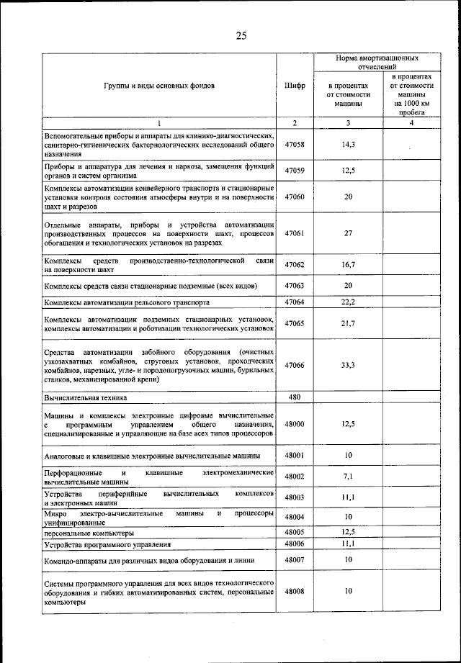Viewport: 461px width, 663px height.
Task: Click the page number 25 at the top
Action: tap(241, 37)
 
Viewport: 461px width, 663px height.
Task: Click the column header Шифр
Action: tap(295, 86)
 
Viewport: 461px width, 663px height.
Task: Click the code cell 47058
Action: tap(295, 145)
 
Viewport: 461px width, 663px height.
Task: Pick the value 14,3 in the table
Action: tap(348, 145)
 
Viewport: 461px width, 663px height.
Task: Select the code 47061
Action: tap(295, 233)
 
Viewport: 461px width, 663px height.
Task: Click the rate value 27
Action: tap(348, 233)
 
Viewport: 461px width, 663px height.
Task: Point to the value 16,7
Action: tap(348, 265)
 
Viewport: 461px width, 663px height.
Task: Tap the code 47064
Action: tap(295, 302)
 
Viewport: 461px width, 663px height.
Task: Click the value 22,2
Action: tap(348, 302)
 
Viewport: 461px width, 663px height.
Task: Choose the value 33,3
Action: tap(348, 365)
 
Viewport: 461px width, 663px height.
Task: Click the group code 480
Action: tap(295, 397)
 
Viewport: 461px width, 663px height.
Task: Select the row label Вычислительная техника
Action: tap(85, 397)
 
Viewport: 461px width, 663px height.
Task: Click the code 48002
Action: tap(295, 477)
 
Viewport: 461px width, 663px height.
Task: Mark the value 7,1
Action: tap(348, 477)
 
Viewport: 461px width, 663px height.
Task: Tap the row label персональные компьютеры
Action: tap(89, 533)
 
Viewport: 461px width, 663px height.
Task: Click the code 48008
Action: tap(295, 591)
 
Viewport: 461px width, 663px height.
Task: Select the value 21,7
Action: tap(348, 324)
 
